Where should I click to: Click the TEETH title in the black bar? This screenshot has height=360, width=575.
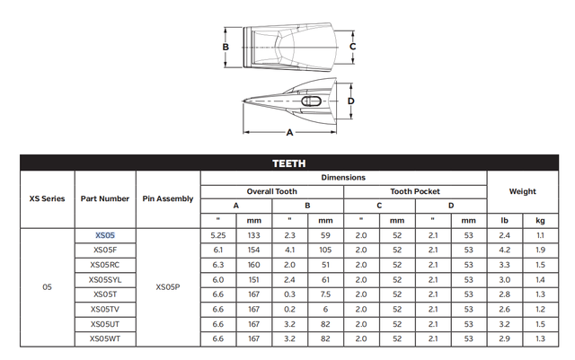tap(287, 163)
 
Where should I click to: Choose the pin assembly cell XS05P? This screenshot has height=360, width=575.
tap(168, 287)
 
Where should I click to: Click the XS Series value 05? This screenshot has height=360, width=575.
tap(47, 287)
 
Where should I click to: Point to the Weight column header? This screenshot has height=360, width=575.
tap(522, 191)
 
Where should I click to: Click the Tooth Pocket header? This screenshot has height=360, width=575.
tap(415, 191)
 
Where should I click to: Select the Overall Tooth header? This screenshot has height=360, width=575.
tap(271, 191)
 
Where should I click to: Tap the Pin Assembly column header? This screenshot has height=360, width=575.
tap(168, 198)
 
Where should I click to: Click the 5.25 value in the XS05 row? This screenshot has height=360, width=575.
tap(217, 234)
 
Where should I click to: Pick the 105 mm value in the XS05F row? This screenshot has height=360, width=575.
tap(325, 249)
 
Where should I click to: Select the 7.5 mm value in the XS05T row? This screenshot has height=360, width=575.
tap(325, 294)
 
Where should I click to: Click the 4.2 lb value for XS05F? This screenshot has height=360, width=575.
tap(504, 249)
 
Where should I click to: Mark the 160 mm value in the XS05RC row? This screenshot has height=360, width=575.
tap(253, 264)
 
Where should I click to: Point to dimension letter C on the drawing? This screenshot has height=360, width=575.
tap(352, 46)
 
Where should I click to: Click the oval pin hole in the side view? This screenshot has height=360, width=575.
tap(311, 102)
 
